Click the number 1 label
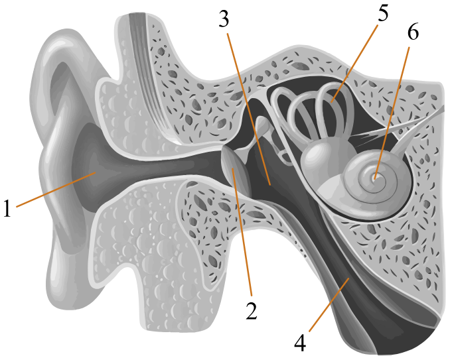click(x=7, y=208)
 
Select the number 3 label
click(x=224, y=19)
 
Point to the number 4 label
click(x=300, y=343)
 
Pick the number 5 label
click(x=383, y=13)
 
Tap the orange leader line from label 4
click(x=329, y=305)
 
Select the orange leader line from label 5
click(x=354, y=64)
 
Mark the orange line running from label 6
click(x=391, y=113)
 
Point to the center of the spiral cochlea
click(x=374, y=178)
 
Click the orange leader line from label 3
click(x=248, y=109)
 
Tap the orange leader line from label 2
click(x=242, y=232)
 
